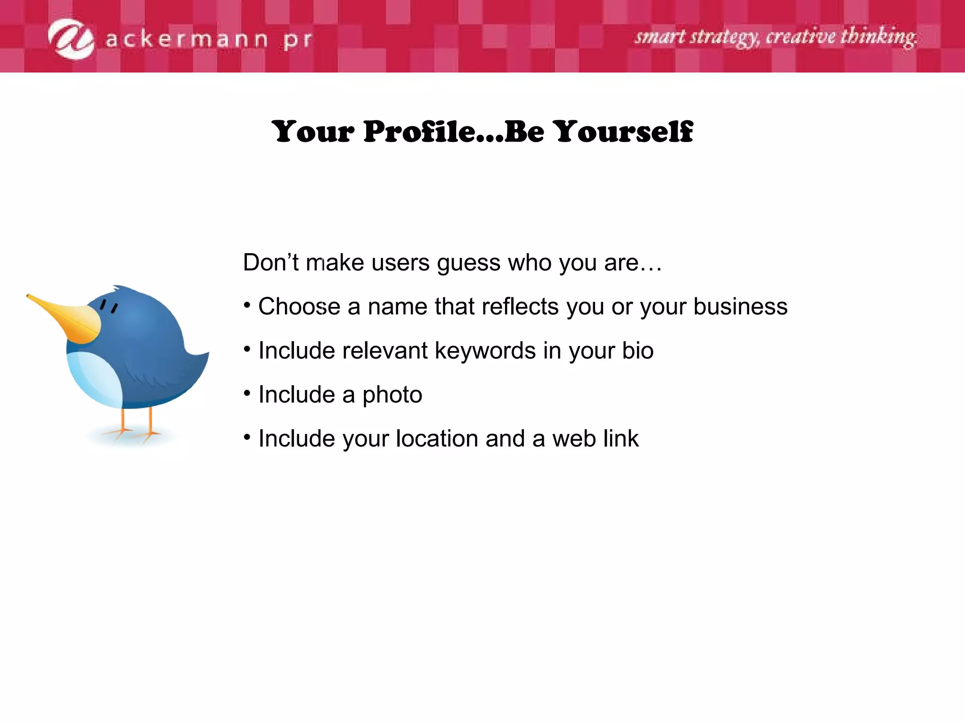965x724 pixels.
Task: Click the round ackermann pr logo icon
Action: point(71,39)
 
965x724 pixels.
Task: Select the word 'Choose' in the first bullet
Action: point(299,307)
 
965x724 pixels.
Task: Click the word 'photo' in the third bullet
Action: point(392,395)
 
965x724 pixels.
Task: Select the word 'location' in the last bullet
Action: point(437,439)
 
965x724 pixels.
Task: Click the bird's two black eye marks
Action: point(109,306)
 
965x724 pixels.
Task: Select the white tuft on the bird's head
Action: point(114,288)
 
